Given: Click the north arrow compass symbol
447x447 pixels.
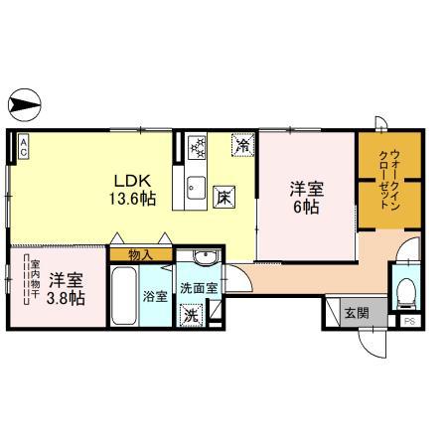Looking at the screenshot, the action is [25, 105].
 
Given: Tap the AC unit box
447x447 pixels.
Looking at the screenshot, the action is [23, 147].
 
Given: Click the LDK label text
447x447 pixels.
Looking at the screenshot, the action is [133, 181].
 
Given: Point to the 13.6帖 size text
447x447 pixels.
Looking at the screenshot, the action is [133, 199].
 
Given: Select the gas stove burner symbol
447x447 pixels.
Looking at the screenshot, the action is [197, 147].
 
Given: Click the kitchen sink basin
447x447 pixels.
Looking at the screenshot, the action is [196, 188].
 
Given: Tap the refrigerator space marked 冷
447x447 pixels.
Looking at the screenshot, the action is [243, 145].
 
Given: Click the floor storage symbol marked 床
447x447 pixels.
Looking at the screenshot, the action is [224, 198].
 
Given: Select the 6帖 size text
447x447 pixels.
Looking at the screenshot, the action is [306, 208].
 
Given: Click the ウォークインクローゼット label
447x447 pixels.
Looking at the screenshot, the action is [389, 180].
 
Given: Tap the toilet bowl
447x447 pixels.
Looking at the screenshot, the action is [406, 293].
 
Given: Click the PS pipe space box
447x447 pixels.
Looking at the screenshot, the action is [410, 321].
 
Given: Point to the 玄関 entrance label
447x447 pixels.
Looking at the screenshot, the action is [357, 313].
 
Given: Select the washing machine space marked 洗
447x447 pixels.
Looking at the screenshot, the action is [191, 315].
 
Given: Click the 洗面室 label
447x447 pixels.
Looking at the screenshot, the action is [199, 288].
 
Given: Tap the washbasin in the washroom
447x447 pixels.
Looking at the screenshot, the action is [206, 257].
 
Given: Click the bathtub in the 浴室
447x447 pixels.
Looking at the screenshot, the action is [124, 296].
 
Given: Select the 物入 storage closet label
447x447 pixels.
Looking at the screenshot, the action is [141, 255].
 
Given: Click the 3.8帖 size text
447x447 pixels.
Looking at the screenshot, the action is [66, 298].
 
